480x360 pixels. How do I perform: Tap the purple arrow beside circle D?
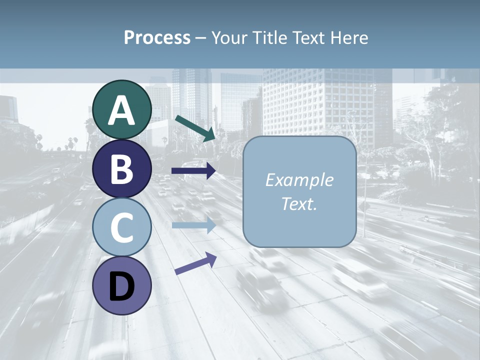pyautogui.click(x=195, y=263)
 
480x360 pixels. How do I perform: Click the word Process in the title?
pyautogui.click(x=157, y=38)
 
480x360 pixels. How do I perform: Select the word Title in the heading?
pyautogui.click(x=270, y=38)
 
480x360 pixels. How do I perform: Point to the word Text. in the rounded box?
pyautogui.click(x=299, y=204)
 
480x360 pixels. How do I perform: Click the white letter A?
pyautogui.click(x=121, y=111)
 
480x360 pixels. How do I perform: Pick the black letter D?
pyautogui.click(x=121, y=287)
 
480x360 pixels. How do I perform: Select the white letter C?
pyautogui.click(x=121, y=228)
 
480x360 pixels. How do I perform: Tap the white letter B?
pyautogui.click(x=121, y=170)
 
